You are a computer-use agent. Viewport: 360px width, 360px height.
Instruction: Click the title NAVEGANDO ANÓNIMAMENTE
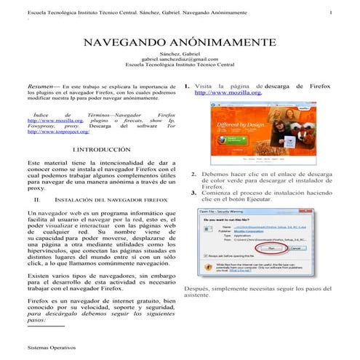(180, 43)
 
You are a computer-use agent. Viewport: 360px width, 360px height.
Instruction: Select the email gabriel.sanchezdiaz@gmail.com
(180, 59)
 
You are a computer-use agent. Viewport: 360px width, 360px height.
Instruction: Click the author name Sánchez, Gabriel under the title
(180, 53)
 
